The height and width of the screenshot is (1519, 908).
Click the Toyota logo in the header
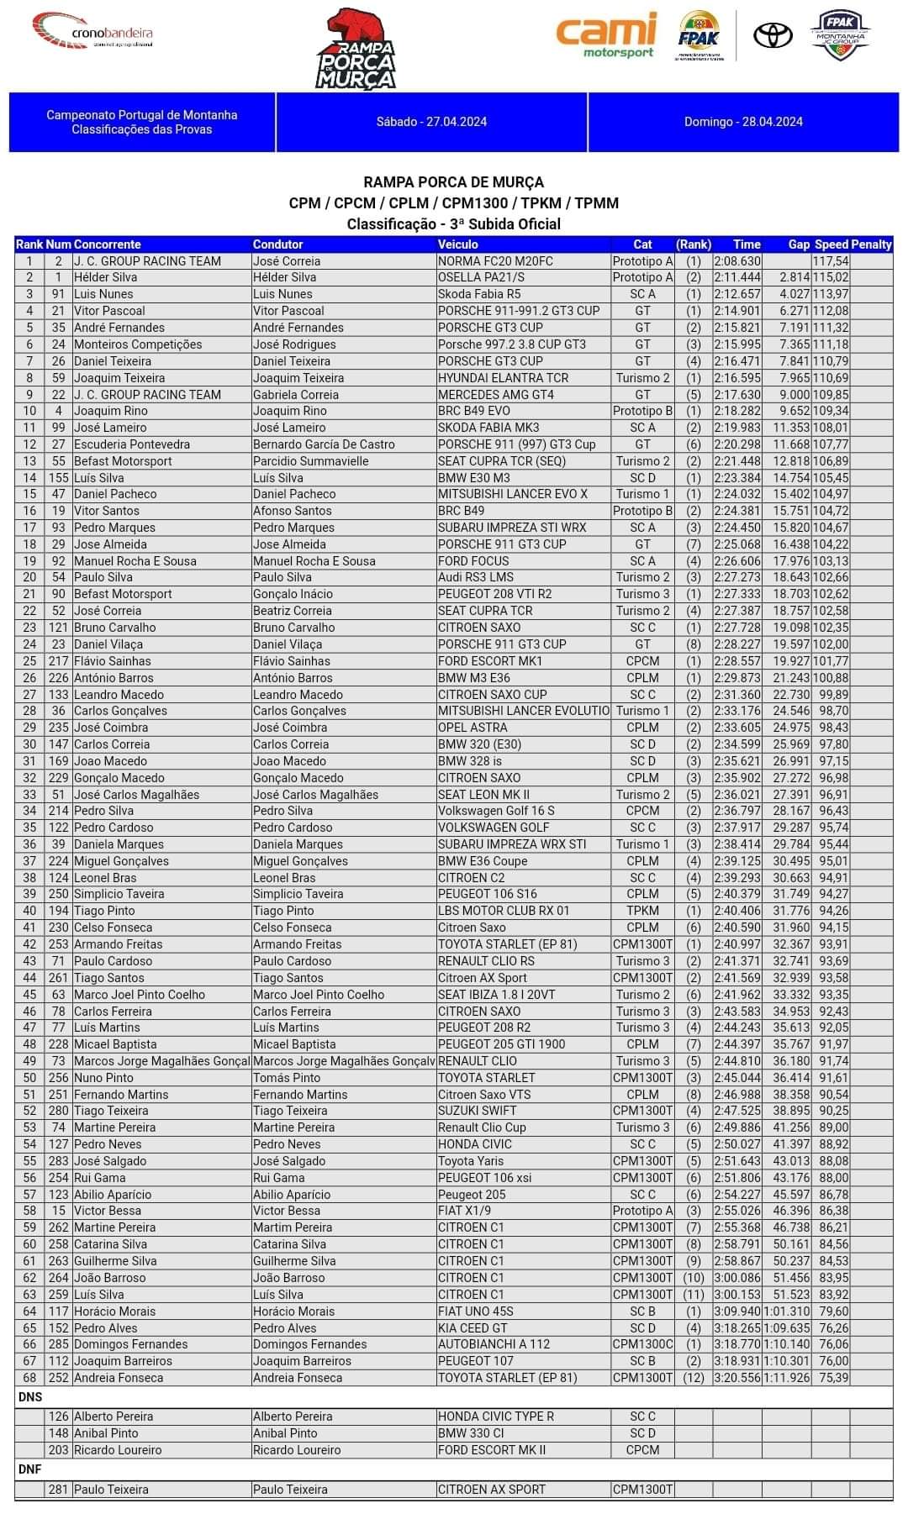(x=773, y=36)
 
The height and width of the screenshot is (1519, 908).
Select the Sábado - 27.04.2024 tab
(x=431, y=122)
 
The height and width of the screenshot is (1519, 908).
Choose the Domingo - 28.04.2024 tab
(x=743, y=122)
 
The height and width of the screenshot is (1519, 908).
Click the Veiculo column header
(x=458, y=244)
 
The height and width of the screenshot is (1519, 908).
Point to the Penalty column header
(x=871, y=244)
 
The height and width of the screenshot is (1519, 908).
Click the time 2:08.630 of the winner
(x=737, y=261)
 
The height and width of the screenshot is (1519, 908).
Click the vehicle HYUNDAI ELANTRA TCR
(x=503, y=378)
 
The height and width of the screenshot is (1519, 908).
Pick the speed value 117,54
(x=831, y=261)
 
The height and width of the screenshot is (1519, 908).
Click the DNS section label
(x=30, y=1396)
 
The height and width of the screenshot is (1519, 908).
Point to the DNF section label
(x=30, y=1469)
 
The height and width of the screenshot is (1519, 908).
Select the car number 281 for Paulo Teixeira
(x=58, y=1490)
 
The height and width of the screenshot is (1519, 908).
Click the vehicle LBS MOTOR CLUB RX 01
(x=504, y=911)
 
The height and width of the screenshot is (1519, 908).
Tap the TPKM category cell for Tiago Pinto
(x=642, y=911)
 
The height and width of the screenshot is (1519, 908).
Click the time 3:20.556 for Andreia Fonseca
(x=737, y=1378)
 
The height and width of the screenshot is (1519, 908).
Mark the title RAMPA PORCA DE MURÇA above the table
(x=453, y=182)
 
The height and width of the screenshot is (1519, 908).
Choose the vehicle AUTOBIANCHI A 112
(x=494, y=1344)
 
